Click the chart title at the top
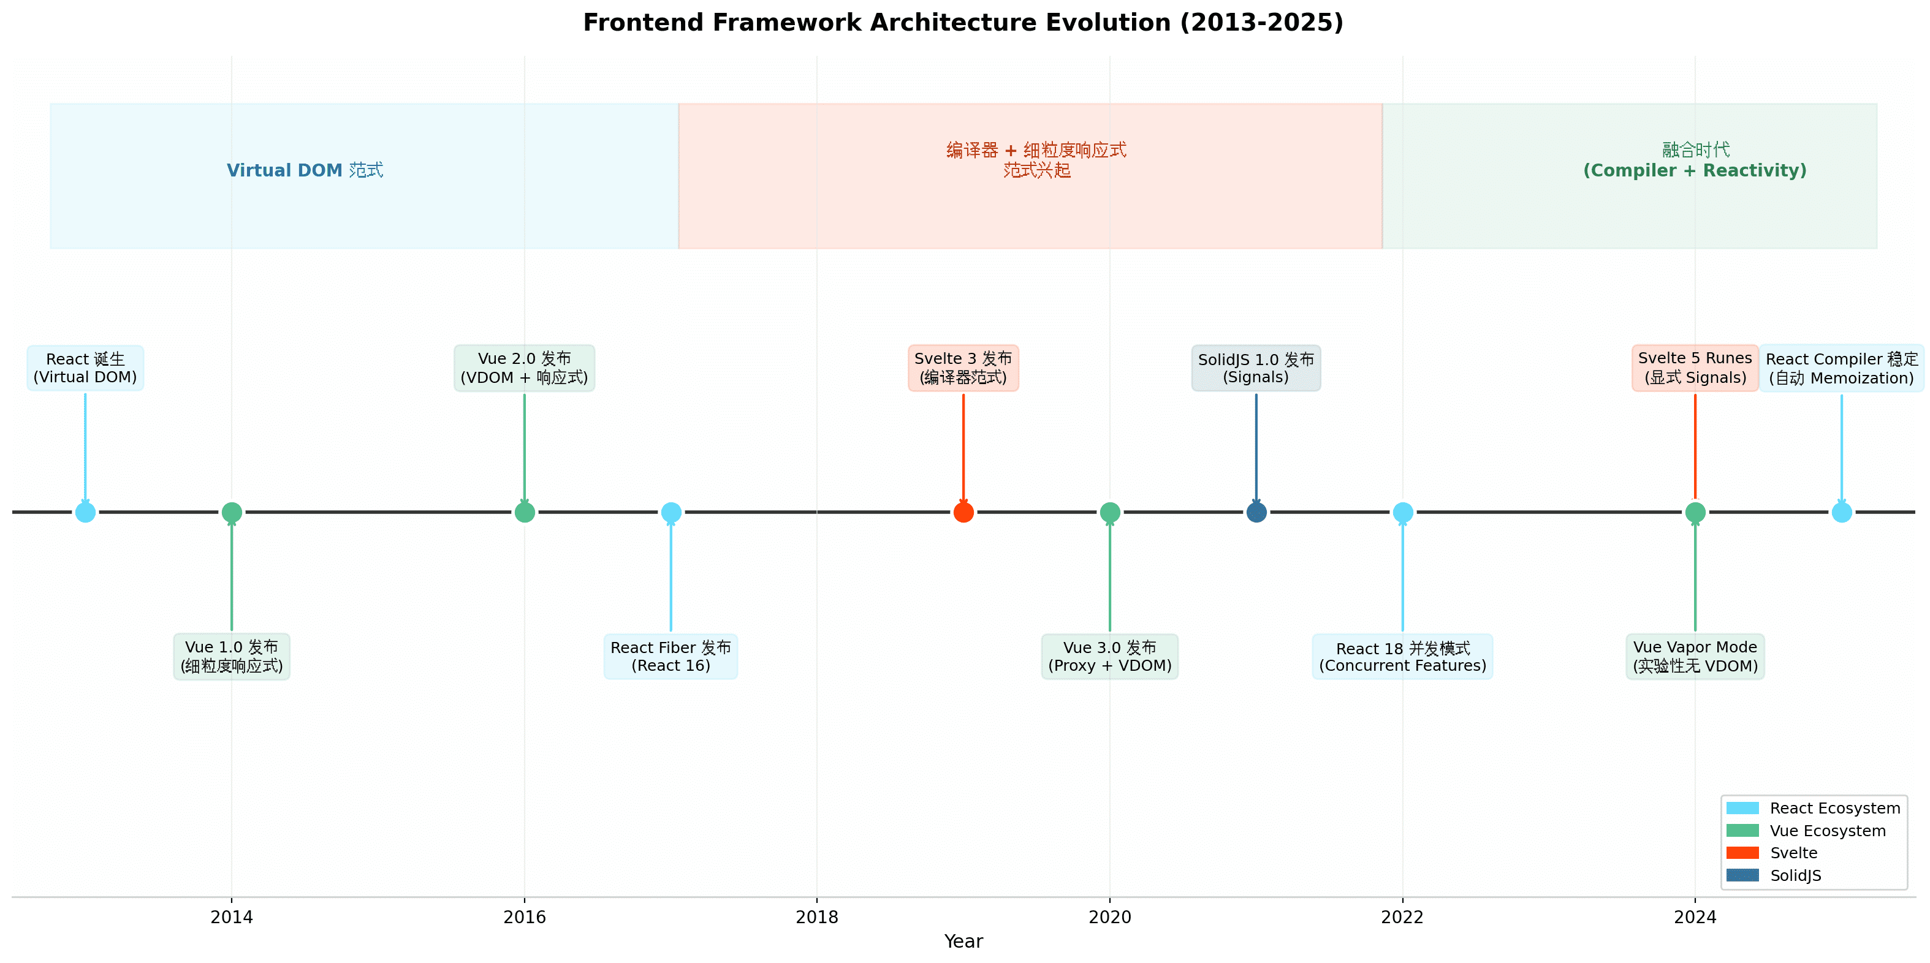point(963,23)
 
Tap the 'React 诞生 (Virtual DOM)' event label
point(85,368)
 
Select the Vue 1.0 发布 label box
point(232,656)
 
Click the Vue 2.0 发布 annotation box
point(525,368)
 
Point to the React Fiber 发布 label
point(671,656)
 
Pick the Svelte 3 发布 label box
point(963,368)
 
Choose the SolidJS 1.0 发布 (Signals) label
point(1256,368)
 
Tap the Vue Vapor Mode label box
point(1695,656)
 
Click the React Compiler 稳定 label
point(1842,368)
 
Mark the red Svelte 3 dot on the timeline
point(963,512)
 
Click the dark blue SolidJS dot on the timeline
point(1256,512)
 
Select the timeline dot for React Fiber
point(671,512)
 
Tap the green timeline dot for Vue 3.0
point(1109,512)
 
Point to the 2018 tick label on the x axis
point(816,916)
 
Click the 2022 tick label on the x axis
point(1402,916)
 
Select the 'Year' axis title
point(963,942)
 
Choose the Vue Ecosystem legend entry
point(1806,831)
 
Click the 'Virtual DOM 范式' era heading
point(305,170)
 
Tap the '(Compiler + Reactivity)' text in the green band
point(1695,171)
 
